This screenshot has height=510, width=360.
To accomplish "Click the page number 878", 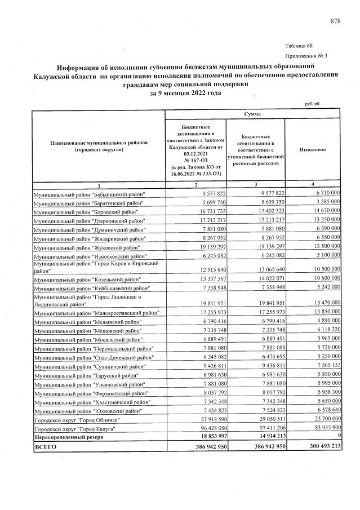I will tap(335, 21).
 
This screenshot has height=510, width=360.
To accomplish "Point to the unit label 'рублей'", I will tap(312, 103).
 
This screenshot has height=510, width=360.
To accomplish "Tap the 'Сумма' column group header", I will tap(252, 114).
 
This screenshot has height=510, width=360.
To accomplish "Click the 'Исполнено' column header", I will tap(313, 151).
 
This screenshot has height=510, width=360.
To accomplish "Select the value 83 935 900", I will tap(322, 429).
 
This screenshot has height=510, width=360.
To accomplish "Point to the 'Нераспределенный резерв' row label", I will tap(66, 437).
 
